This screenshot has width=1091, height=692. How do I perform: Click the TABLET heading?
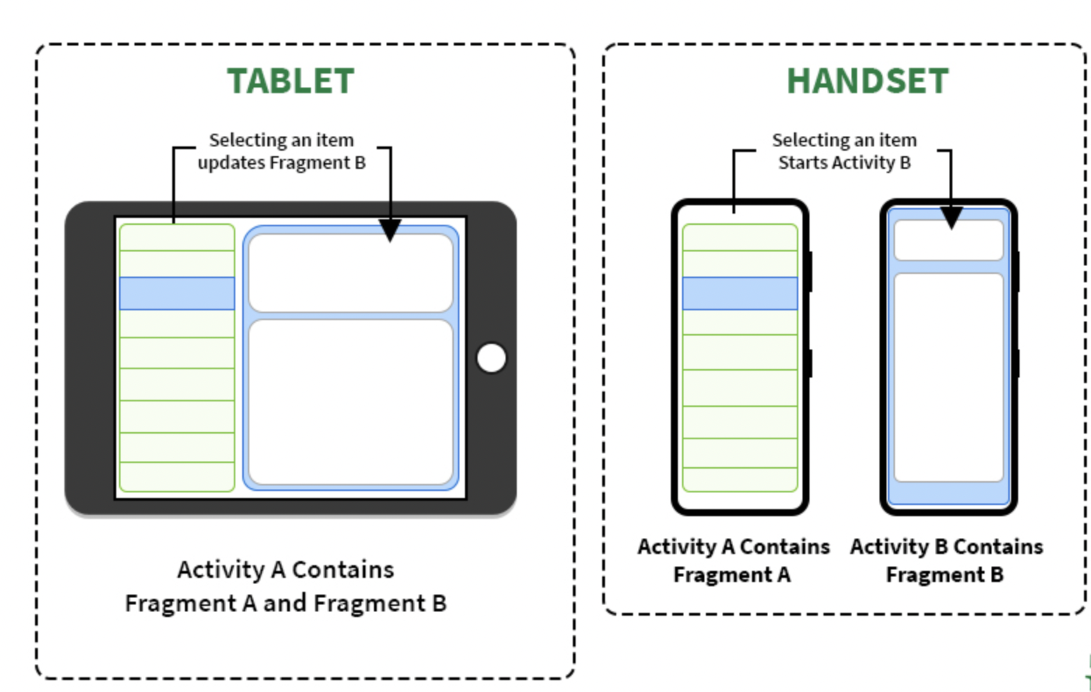[x=291, y=81]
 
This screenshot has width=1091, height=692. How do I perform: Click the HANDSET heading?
[x=868, y=81]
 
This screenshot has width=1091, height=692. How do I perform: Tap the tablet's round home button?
[x=492, y=358]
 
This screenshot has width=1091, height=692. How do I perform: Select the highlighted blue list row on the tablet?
[x=177, y=293]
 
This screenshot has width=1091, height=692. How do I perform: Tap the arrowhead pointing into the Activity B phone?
[x=951, y=218]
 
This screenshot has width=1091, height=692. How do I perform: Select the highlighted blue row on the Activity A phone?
[x=740, y=293]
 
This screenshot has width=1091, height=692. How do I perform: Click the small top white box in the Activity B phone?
[x=949, y=240]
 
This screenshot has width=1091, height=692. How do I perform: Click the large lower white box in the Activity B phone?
[x=949, y=378]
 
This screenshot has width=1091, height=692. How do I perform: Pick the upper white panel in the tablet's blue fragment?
[x=351, y=273]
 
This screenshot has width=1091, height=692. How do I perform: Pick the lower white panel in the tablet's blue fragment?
[x=351, y=402]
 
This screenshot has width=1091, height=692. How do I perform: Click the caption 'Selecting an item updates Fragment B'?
[x=282, y=151]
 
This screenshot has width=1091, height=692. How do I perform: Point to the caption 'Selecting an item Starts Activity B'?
[x=845, y=151]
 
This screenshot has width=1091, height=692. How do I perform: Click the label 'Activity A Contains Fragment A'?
[x=733, y=560]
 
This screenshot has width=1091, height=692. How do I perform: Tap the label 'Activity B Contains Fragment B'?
[x=946, y=560]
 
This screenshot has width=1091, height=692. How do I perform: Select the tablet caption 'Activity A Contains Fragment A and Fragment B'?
[x=286, y=586]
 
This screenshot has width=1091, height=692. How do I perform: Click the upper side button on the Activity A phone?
[x=810, y=272]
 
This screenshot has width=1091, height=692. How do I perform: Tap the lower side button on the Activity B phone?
[x=1018, y=363]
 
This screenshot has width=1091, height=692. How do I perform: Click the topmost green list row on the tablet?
[x=177, y=237]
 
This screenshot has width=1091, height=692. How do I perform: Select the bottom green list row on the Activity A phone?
[x=740, y=480]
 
